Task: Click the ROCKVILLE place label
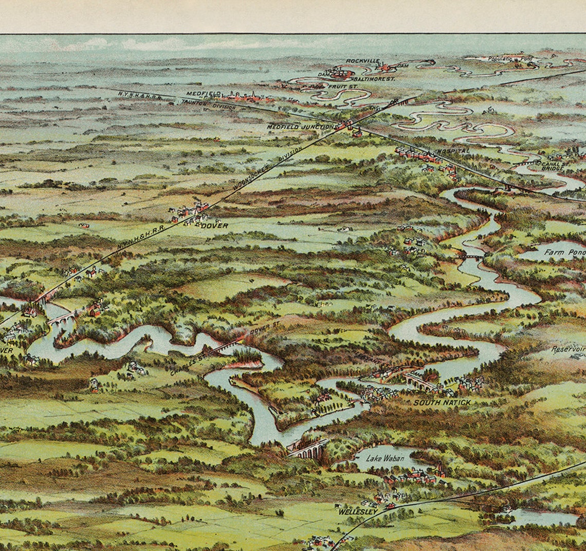click(x=362, y=61)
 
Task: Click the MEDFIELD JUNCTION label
click(x=300, y=127)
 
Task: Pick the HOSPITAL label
click(x=453, y=151)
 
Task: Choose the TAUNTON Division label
click(x=208, y=104)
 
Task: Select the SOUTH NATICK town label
click(x=442, y=402)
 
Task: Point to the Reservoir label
click(x=568, y=349)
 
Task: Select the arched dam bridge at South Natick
click(x=420, y=381)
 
